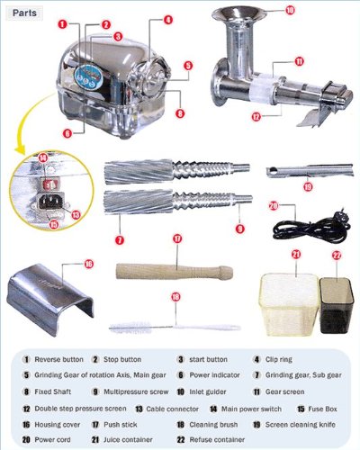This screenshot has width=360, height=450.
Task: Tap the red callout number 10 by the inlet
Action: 290,10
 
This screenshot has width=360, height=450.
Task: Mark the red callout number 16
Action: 88,264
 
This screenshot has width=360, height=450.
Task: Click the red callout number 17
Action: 178,238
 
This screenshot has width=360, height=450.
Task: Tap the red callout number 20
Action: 273,205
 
